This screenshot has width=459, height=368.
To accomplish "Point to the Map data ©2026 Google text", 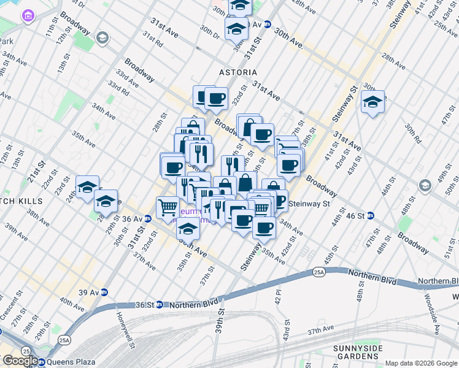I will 421,363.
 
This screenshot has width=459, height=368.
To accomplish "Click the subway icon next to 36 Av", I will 147,218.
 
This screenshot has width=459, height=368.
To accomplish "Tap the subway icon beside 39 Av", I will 104,293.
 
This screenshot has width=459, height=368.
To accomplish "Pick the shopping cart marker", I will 168,207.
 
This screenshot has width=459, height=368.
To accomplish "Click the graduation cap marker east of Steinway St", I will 372,102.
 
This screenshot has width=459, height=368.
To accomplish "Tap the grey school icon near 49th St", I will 424,185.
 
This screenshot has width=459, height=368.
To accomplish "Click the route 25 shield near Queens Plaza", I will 26,350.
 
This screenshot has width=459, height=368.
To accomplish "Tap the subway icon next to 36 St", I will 158,304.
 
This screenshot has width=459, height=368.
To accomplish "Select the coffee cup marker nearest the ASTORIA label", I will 215,98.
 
